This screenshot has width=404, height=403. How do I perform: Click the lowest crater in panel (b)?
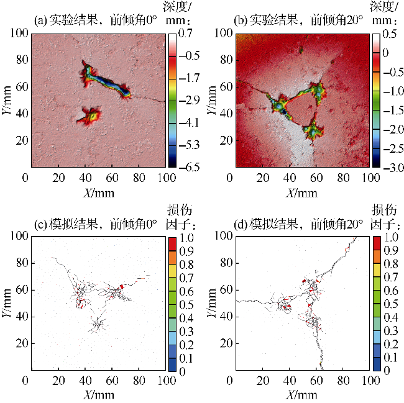[x=312, y=131]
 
